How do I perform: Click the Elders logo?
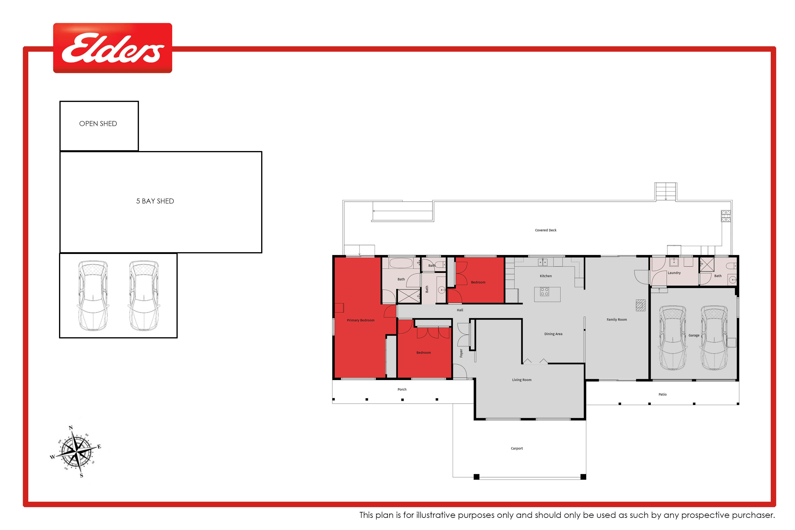pos(112,48)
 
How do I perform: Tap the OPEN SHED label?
pos(98,124)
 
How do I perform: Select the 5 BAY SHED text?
pos(155,201)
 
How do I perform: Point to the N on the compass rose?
pos(71,428)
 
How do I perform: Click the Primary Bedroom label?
pos(361,320)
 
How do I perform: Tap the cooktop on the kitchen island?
pos(544,292)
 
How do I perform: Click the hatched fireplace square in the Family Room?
pos(641,305)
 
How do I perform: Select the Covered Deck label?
pos(546,230)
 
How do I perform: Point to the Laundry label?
pos(674,273)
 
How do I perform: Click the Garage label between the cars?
pos(694,335)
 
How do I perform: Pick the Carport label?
pos(517,449)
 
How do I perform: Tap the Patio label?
pos(662,394)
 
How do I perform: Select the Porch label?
pos(402,389)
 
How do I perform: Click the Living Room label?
pos(522,380)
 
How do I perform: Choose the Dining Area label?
pos(553,334)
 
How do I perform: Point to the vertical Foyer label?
pos(461,353)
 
